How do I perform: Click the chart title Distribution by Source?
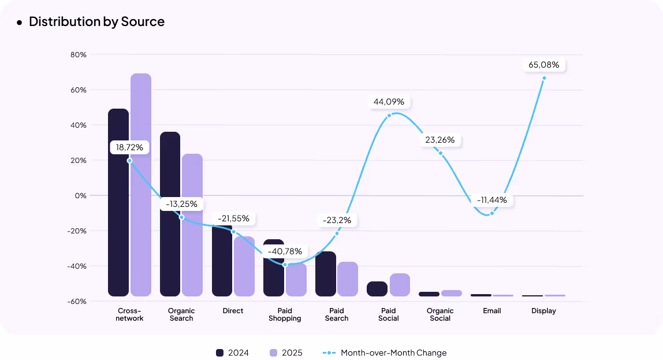[x=96, y=22]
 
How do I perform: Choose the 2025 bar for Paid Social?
[x=400, y=285]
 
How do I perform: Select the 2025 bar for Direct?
[x=244, y=266]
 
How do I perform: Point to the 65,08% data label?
[x=543, y=65]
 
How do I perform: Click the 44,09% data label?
[x=389, y=102]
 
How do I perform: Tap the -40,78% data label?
[x=285, y=251]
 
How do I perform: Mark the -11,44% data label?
[x=491, y=200]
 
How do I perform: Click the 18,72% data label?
[x=129, y=148]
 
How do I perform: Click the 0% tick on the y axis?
[x=80, y=195]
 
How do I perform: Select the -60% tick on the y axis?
[x=77, y=301]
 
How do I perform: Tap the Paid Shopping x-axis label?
[x=285, y=315]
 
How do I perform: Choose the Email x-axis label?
[x=492, y=311]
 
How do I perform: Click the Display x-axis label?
[x=543, y=311]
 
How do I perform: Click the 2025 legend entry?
[x=285, y=353]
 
